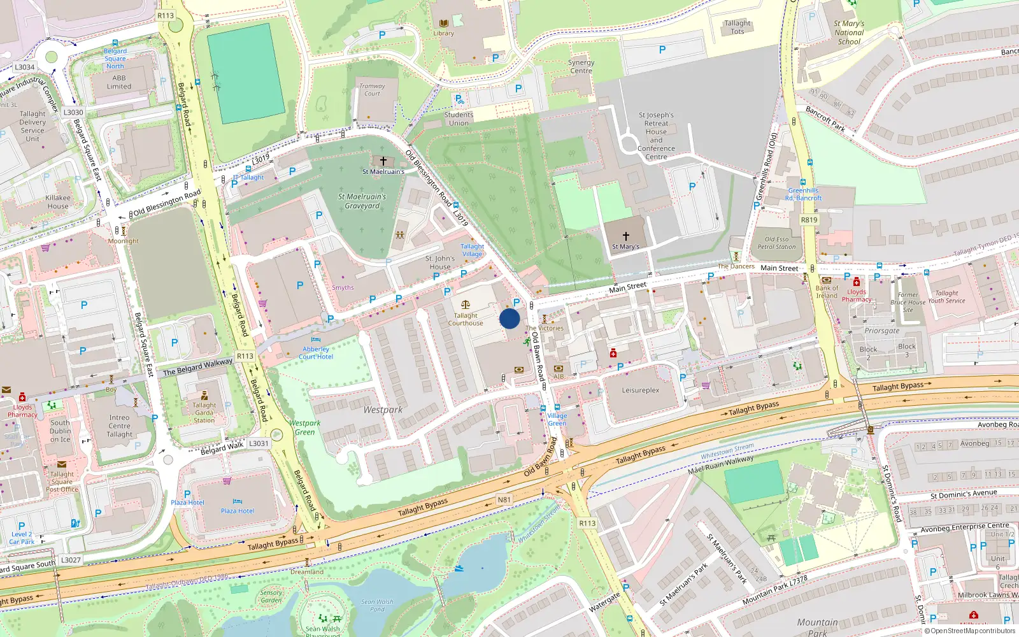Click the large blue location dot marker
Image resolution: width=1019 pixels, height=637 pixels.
coord(509,318)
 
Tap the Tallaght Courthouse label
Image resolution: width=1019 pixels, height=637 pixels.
coord(466,319)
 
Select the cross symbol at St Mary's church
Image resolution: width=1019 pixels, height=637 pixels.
coord(625,236)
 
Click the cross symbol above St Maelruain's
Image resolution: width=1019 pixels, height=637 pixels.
coord(383,161)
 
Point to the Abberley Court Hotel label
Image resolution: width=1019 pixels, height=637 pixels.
coord(316,353)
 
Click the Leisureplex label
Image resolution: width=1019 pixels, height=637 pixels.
coord(641,390)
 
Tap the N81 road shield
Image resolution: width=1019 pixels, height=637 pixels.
coord(504,500)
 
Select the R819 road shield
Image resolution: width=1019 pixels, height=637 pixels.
coord(809,220)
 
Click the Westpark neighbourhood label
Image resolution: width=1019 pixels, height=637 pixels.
coord(383,410)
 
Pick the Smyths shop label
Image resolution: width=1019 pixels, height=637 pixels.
coord(343,288)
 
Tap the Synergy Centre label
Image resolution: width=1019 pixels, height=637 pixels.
coord(581,66)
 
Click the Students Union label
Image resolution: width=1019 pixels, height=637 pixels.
coord(459,119)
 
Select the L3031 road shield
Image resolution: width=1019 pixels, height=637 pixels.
coord(259,443)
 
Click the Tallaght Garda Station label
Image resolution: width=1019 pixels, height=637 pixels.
coord(204,412)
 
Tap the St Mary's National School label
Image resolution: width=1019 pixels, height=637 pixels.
coord(849,32)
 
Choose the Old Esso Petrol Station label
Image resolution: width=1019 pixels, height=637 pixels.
coord(776,243)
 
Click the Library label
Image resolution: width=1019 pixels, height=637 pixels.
coord(444,34)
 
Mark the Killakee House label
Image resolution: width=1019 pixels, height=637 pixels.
coord(58,202)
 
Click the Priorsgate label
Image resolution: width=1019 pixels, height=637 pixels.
coord(882,331)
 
